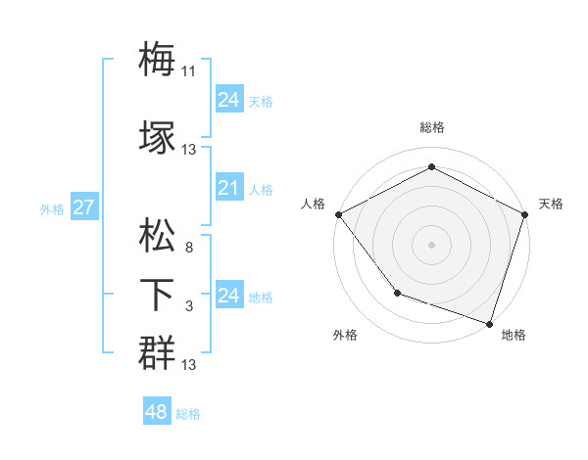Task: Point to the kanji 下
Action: tap(157, 295)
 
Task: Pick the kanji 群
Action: tap(157, 352)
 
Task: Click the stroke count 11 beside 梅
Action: tap(189, 71)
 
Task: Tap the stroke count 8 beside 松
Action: tap(188, 249)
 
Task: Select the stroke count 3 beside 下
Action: tap(188, 307)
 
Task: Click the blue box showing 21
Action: tap(228, 189)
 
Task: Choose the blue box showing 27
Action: tap(83, 207)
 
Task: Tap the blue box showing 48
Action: tap(156, 412)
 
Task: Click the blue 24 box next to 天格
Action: tap(228, 99)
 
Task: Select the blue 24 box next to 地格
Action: tap(228, 296)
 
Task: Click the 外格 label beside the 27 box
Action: tap(52, 208)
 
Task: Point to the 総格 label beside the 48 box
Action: tap(188, 414)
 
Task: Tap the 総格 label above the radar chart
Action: tap(431, 127)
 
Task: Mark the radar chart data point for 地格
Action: tap(490, 323)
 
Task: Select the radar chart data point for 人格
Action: tap(338, 213)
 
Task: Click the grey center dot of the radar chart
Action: tap(431, 244)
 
